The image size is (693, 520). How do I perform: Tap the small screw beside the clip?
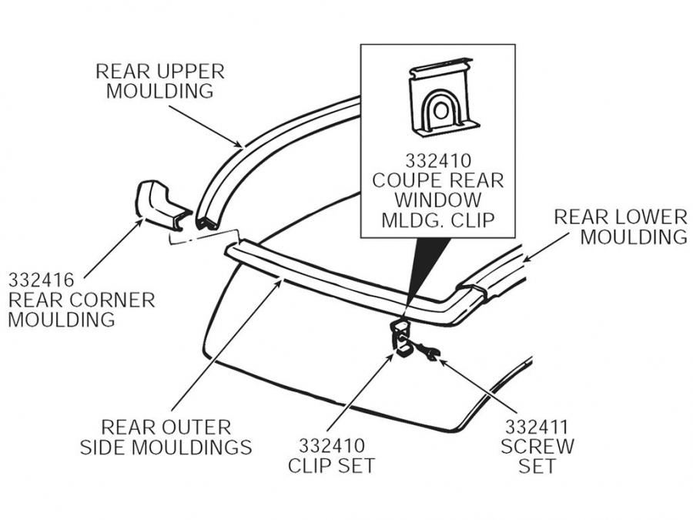point(427,352)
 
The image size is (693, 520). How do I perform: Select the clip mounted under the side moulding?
point(402,340)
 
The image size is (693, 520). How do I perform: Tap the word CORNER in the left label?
point(114,298)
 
